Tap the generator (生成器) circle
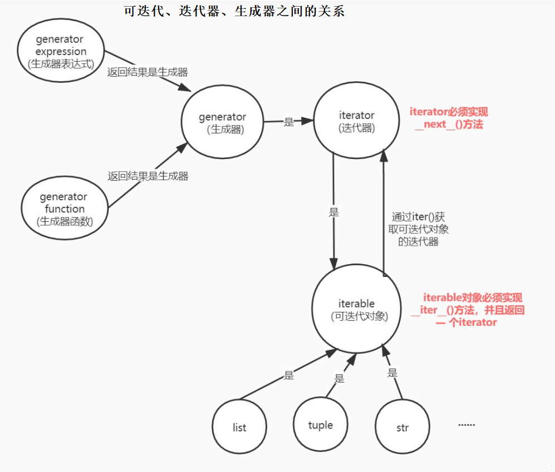(x=222, y=123)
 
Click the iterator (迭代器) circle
(x=356, y=121)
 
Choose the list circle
(x=239, y=427)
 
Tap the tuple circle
(x=320, y=425)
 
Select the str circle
(x=402, y=428)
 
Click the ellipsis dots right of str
(x=466, y=425)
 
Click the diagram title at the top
(x=234, y=11)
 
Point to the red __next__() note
(x=449, y=118)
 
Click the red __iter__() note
(x=469, y=310)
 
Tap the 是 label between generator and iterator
(x=288, y=122)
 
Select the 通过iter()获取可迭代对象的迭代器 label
(x=418, y=228)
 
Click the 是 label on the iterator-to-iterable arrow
(x=334, y=212)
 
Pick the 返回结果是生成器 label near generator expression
(x=148, y=72)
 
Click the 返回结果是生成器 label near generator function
(x=148, y=176)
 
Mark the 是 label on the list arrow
(x=288, y=375)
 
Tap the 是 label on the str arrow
(x=392, y=373)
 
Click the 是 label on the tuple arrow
(x=339, y=379)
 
